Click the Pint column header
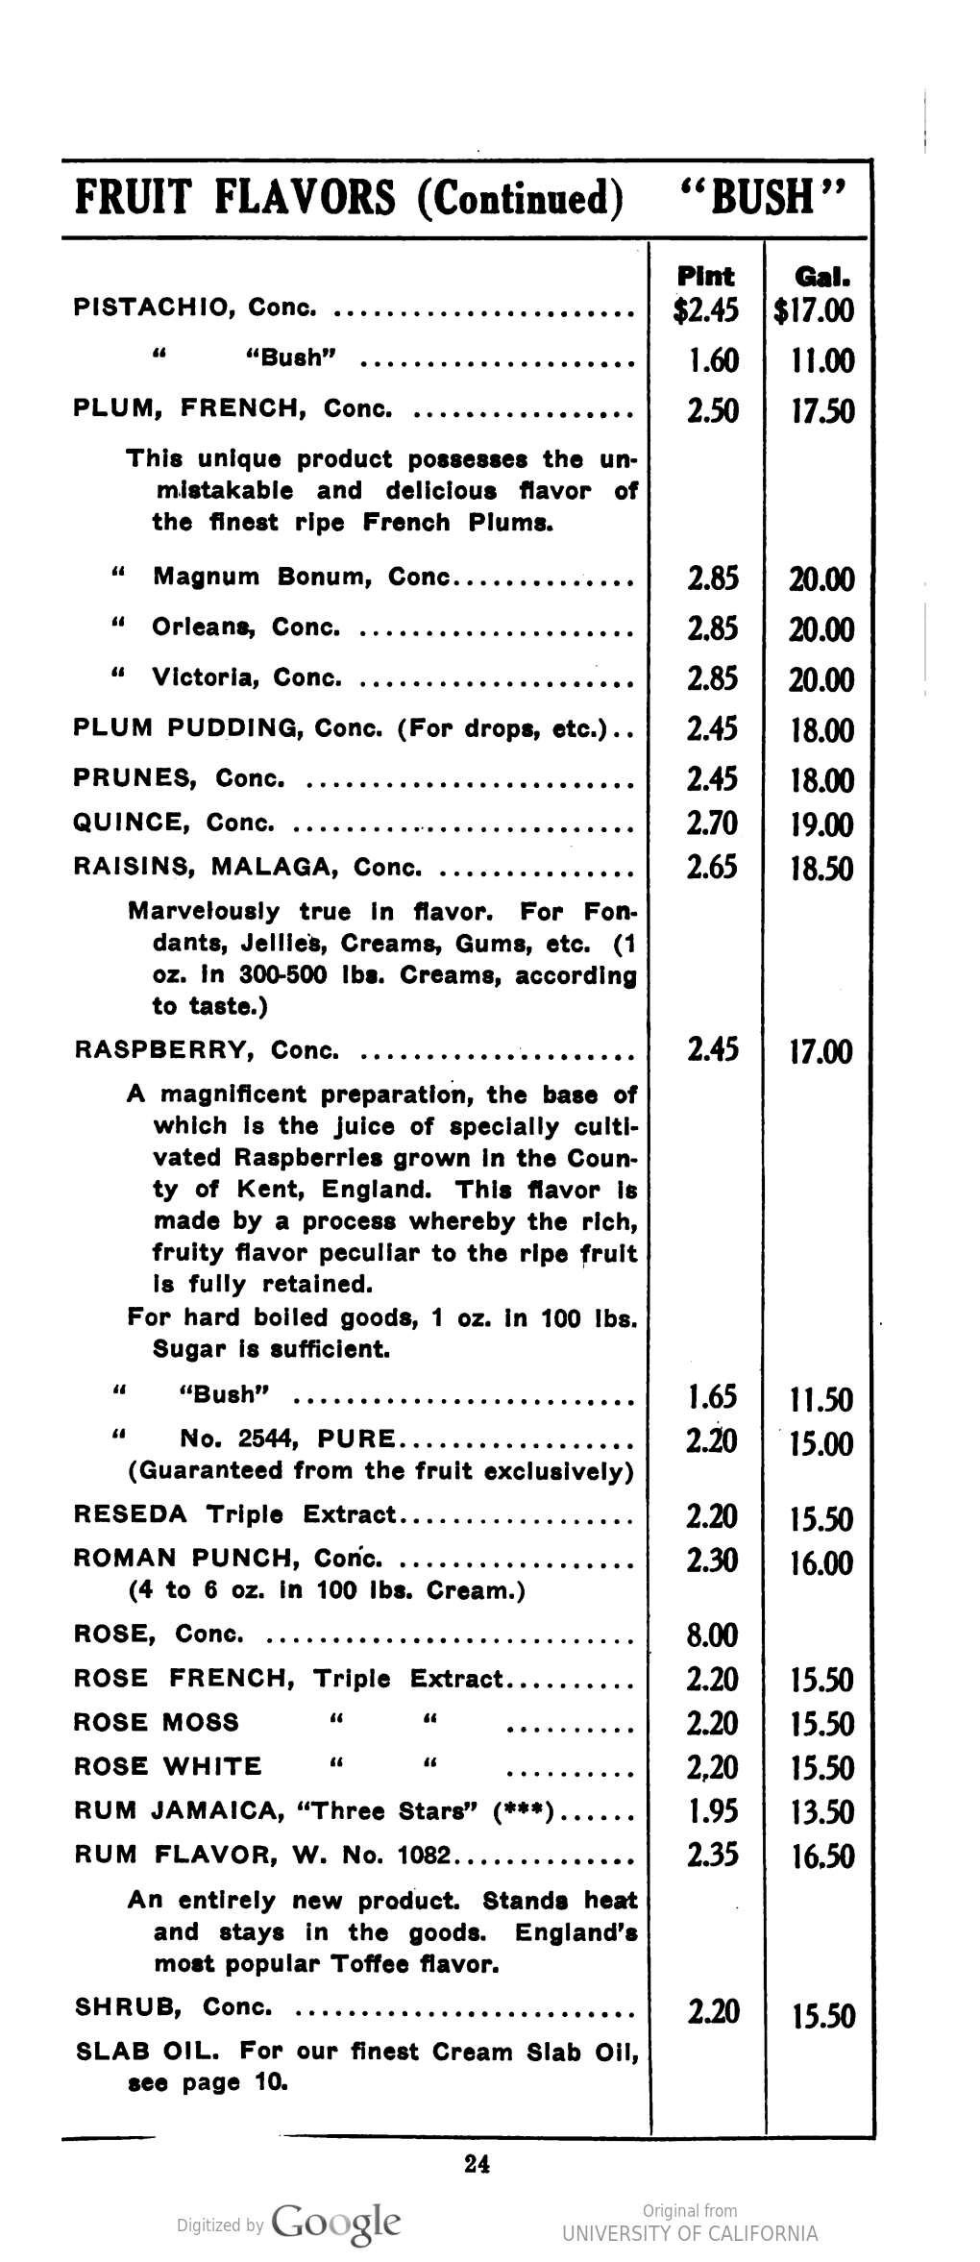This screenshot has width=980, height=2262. [706, 277]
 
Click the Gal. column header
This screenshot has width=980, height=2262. [821, 277]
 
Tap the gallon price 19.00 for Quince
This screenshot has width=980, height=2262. [821, 824]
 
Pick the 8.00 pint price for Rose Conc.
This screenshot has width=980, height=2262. [712, 1634]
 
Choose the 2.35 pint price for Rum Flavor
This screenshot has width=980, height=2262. [712, 1854]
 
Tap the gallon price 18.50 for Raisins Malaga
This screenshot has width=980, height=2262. [821, 869]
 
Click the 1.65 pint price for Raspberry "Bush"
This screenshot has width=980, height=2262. [712, 1396]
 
